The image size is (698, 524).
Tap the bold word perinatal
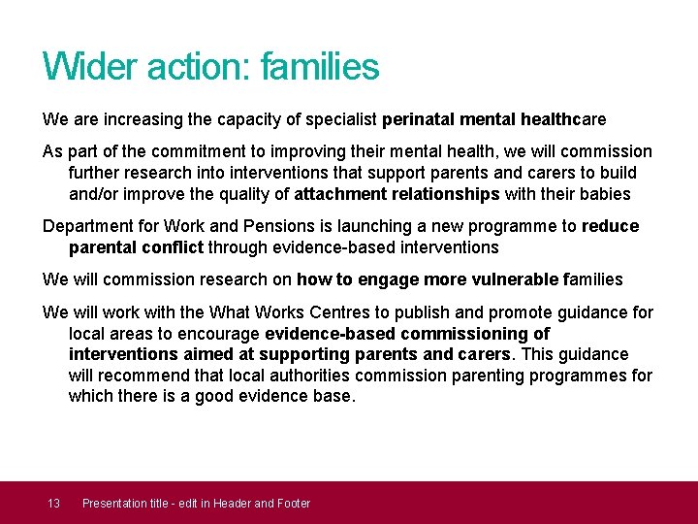point(418,119)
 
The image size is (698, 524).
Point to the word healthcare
point(563,119)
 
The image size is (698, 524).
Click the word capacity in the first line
point(222,119)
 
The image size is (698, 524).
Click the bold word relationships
point(443,194)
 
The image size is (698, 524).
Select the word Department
point(87,226)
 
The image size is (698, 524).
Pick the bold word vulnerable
point(510,279)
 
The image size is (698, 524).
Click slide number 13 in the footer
point(54,503)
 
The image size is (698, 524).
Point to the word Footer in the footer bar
point(293,503)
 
